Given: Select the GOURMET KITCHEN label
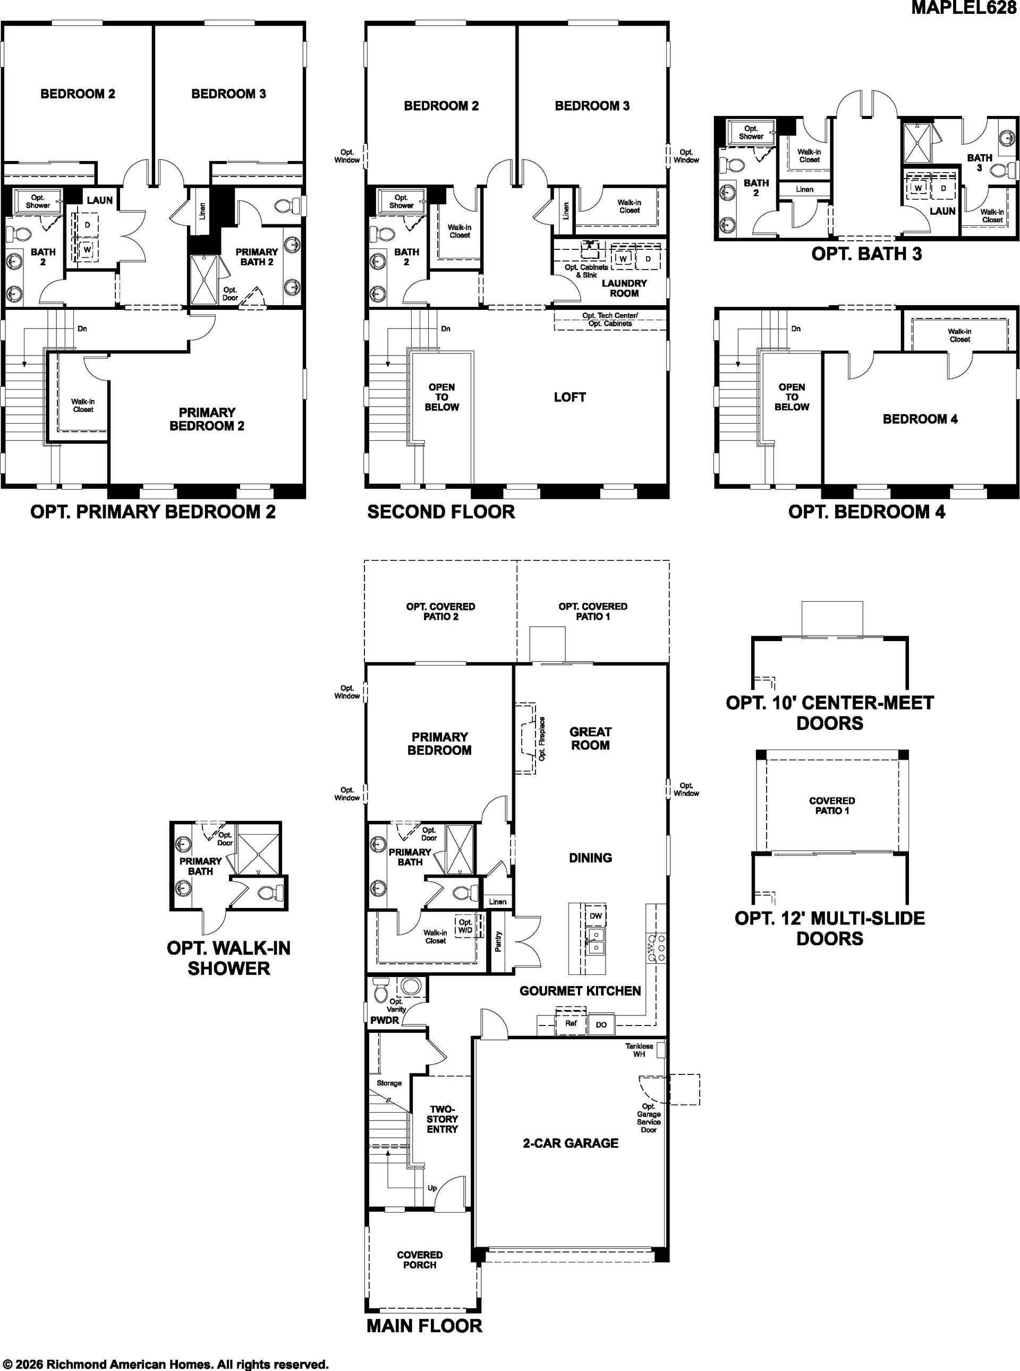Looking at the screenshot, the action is coord(580,990).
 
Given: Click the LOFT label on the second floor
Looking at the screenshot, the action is coord(569,397).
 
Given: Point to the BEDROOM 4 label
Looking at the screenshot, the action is coord(920,419).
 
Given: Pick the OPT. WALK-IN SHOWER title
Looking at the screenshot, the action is coord(228,958).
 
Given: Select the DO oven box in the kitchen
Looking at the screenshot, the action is coord(601,1024).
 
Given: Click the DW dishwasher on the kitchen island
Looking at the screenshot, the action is coord(595,915).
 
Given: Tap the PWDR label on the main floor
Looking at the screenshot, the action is coord(385,1020).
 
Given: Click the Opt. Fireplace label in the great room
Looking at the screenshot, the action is coord(542,738).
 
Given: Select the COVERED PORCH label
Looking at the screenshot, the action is coord(420,1260).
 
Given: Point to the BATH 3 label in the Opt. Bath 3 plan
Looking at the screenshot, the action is coord(979,163).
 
